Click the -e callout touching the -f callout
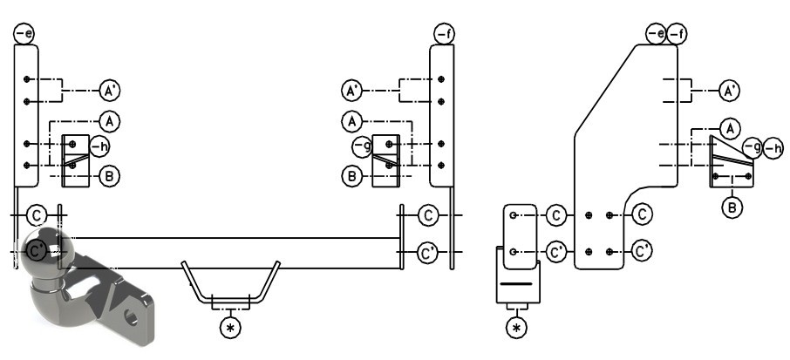pos(657,34)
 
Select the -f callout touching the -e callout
pos(678,34)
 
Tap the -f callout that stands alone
pos(445,34)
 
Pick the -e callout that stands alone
pos(24,34)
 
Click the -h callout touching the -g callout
pos(773,148)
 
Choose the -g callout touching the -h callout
pos(753,148)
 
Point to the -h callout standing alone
pos(99,146)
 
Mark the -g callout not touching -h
pos(363,146)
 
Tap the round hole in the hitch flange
pos(132,317)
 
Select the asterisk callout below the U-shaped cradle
pos(230,328)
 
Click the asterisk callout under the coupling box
pos(516,328)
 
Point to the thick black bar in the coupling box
pos(516,284)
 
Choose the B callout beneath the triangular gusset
pos(732,207)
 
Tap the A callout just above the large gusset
pos(730,129)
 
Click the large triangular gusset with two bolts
pos(731,162)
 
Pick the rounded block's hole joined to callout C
pos(513,215)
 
